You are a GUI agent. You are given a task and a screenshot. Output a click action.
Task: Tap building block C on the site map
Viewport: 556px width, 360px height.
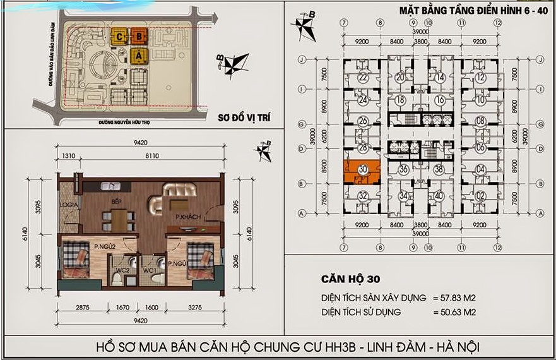[x=119, y=37]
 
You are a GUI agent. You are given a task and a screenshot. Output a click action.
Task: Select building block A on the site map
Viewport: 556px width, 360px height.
[x=138, y=56]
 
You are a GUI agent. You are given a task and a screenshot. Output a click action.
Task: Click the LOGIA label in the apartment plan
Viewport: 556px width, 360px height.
[x=68, y=205]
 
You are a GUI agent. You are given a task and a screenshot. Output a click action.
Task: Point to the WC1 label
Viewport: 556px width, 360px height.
[x=150, y=271]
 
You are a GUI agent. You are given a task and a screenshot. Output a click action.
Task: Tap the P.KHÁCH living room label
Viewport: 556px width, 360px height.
[x=189, y=217]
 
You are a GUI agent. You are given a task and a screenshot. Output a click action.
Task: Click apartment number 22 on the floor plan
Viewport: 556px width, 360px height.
[x=362, y=78]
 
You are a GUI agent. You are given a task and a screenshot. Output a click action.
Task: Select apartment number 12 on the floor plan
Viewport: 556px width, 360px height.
[x=480, y=78]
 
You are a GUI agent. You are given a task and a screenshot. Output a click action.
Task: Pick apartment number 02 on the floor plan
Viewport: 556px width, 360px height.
[x=480, y=195]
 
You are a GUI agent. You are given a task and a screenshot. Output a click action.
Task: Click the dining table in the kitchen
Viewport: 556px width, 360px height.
[x=118, y=220]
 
